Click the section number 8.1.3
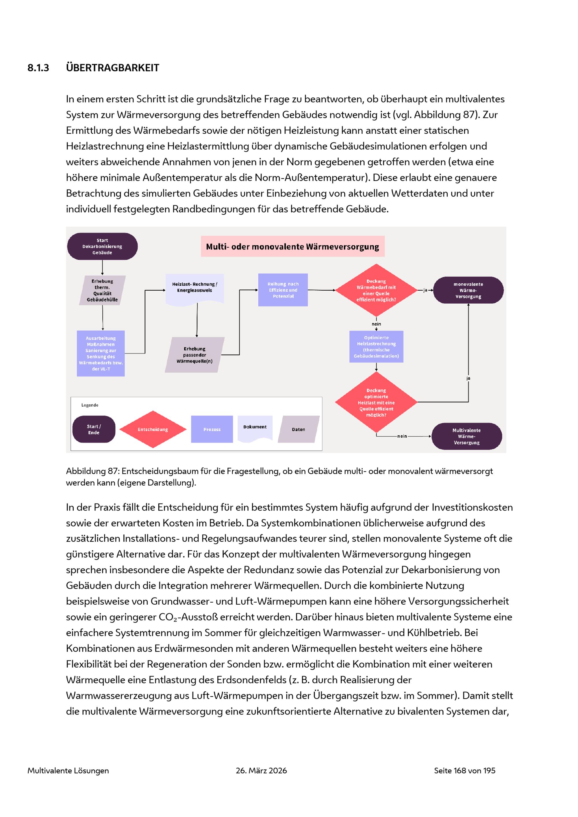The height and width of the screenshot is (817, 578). click(38, 68)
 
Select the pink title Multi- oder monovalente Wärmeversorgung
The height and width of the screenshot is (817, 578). click(292, 246)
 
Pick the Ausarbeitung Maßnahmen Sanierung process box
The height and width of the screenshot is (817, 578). click(101, 353)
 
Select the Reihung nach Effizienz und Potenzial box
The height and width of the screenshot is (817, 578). click(283, 290)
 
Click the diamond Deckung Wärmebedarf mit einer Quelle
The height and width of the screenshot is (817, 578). click(376, 290)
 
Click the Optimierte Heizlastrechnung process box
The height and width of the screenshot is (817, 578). click(376, 347)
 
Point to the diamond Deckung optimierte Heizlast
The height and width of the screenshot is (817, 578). click(376, 402)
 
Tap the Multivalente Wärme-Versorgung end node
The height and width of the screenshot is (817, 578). click(467, 436)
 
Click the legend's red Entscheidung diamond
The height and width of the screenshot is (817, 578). click(153, 429)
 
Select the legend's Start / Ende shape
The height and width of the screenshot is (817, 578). click(94, 429)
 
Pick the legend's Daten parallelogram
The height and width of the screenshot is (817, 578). click(299, 429)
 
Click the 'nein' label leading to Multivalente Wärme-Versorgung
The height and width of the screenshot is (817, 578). click(402, 436)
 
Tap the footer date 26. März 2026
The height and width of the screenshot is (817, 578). click(261, 770)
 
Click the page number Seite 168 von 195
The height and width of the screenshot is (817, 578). click(464, 770)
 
